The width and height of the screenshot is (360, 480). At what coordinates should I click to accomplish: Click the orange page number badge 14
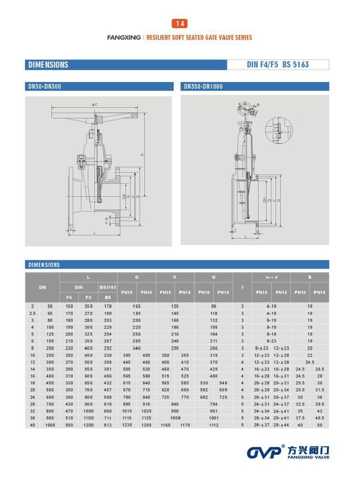tap(180, 23)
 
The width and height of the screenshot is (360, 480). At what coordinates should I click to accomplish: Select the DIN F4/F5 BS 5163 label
tap(277, 65)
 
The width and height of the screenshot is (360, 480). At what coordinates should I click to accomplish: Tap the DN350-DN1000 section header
tap(203, 87)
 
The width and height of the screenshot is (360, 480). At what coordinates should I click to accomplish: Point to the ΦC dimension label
tap(95, 105)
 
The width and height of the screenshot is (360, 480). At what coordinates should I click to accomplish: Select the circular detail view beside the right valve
tap(279, 130)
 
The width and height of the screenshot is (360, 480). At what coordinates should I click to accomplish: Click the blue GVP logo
tap(264, 452)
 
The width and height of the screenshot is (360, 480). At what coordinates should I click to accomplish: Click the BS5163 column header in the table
tap(108, 286)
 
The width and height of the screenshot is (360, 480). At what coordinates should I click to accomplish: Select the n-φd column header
tap(271, 277)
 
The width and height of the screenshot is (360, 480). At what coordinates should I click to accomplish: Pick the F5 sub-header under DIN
tap(89, 297)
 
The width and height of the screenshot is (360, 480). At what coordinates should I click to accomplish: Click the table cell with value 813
tap(108, 425)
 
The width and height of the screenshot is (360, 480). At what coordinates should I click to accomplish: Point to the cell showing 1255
tap(146, 425)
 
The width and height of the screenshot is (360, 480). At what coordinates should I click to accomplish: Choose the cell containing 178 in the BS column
tap(108, 306)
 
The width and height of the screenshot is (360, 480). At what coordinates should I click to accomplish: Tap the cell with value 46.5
tap(319, 417)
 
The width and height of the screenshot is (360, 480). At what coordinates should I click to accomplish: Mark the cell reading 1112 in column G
tap(214, 425)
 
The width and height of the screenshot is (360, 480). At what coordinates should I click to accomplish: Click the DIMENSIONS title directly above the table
tap(44, 265)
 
